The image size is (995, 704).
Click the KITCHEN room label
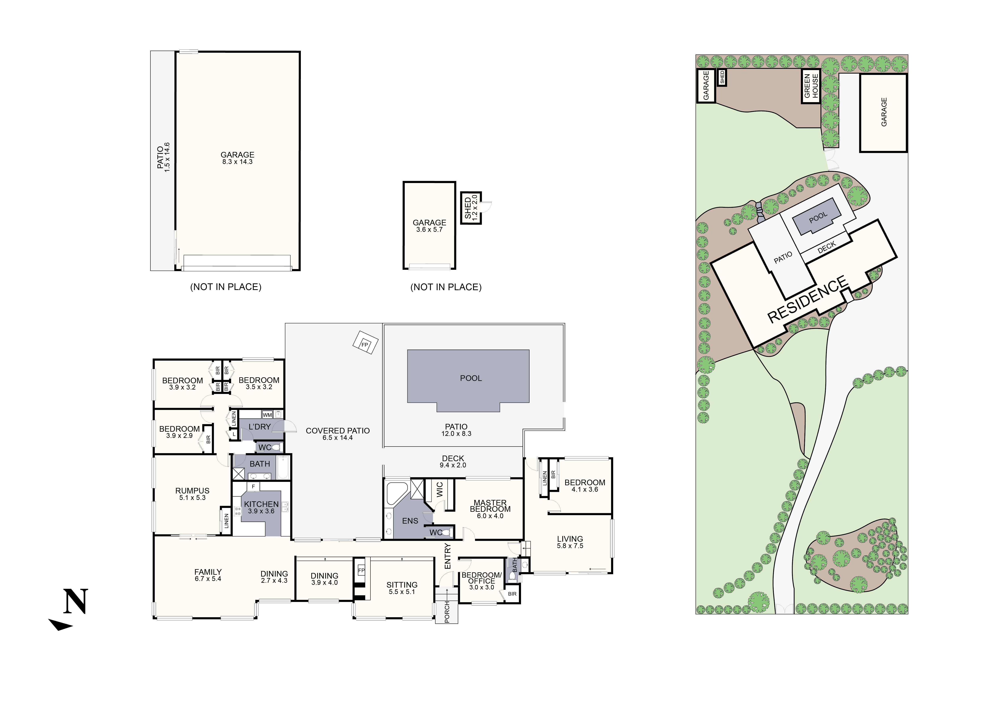click(x=261, y=504)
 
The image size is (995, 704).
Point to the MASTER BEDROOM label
click(x=490, y=506)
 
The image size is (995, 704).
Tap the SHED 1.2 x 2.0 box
click(x=471, y=208)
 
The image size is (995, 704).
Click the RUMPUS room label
click(x=192, y=491)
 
